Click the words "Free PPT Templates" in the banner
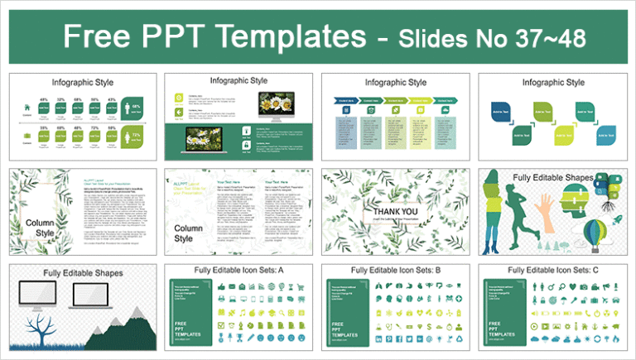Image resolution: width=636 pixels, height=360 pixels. pos(208,37)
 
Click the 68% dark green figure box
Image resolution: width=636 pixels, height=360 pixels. pos(132,106)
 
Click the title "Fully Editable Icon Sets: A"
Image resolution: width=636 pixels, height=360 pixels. pos(242,271)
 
